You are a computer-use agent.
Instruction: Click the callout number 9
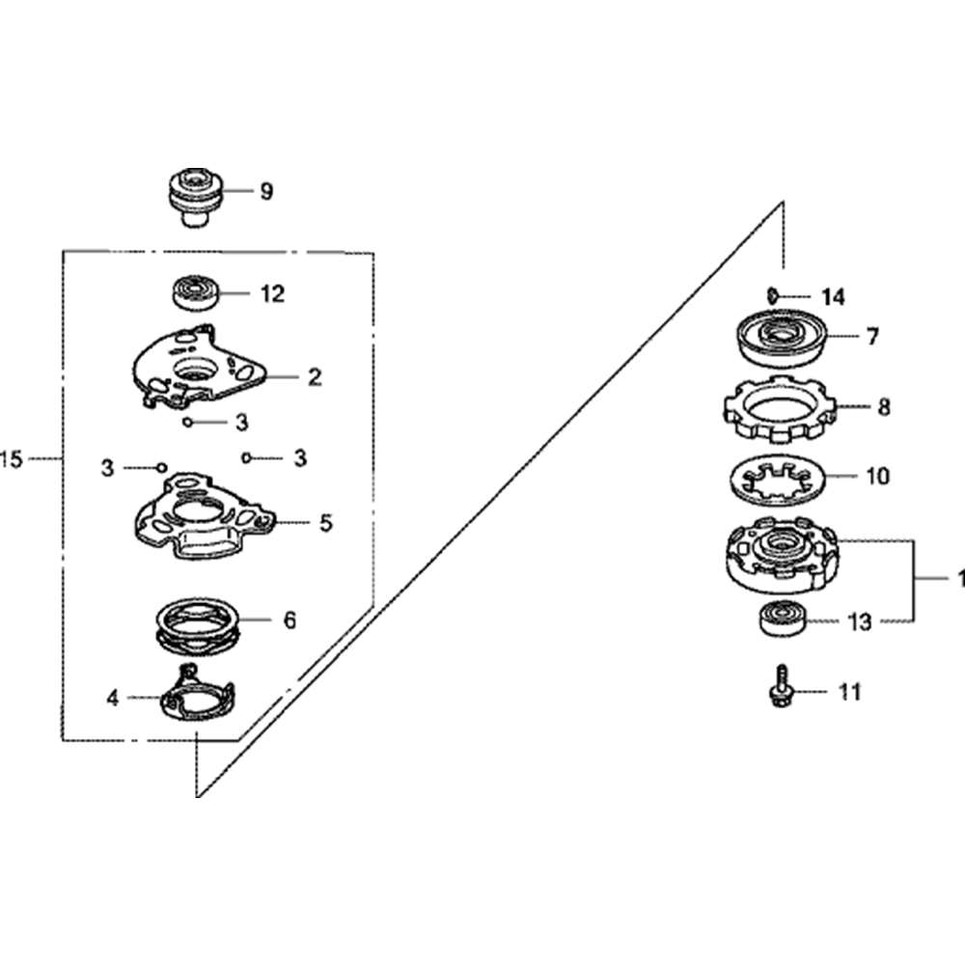coord(266,191)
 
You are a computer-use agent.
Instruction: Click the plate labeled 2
coord(198,372)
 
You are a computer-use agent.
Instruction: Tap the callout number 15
coord(13,460)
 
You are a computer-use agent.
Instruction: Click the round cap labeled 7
coord(781,337)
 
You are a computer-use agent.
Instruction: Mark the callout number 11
coord(849,692)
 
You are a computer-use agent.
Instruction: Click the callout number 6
coord(289,620)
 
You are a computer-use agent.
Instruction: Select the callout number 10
coord(879,476)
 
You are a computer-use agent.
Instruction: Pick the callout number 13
coord(858,622)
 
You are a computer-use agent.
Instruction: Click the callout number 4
coord(112,698)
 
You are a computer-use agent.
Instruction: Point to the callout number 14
coord(833,296)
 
